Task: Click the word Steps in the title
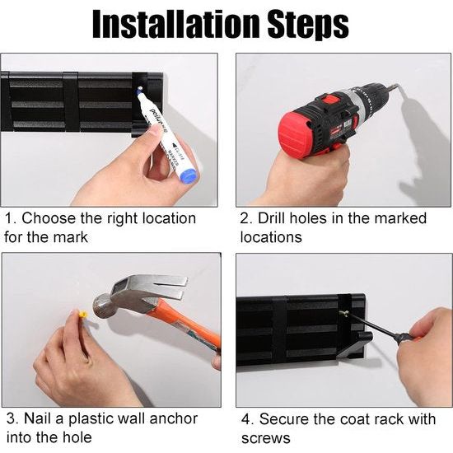tap(308, 26)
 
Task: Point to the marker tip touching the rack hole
tap(140, 89)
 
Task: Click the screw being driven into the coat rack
tap(343, 313)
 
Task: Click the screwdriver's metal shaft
tap(371, 325)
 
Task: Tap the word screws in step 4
tap(266, 438)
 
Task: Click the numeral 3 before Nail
tap(12, 419)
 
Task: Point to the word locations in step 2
tap(271, 238)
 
